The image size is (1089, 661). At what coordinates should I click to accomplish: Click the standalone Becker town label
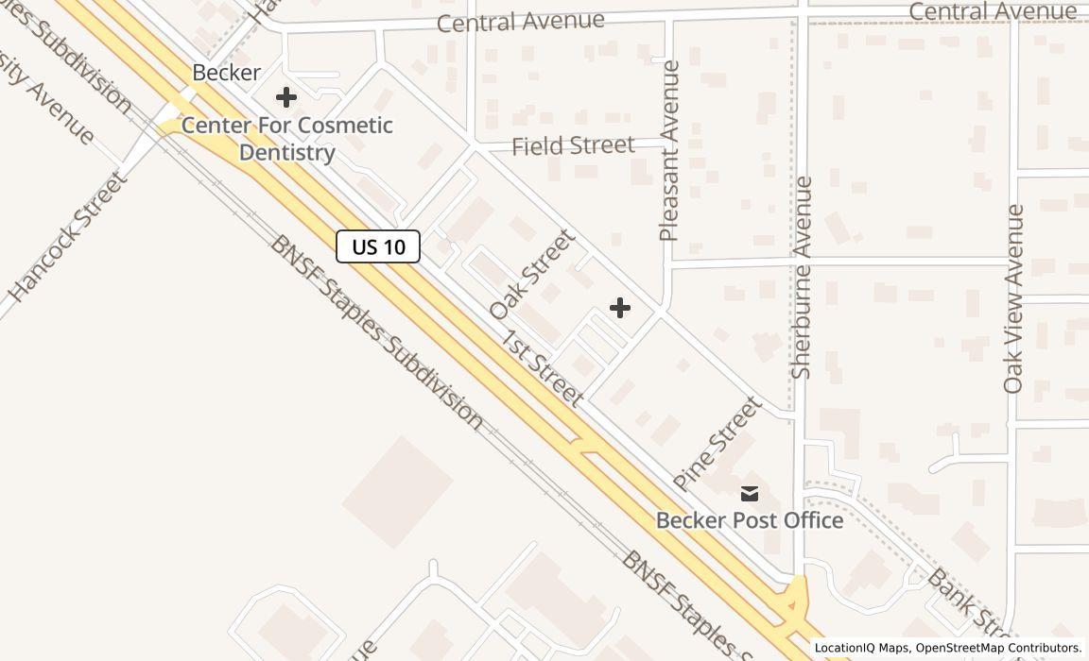pos(226,72)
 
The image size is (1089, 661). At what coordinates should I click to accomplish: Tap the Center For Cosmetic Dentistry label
pos(286,139)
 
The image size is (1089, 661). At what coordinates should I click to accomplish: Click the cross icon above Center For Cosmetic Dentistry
pos(285,96)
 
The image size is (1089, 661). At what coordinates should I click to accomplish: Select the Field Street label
pos(573,145)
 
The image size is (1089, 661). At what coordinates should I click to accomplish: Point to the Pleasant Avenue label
pos(670,151)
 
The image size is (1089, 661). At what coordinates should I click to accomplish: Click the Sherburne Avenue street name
pos(802,278)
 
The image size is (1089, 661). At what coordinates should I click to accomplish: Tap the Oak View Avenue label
pos(1014,298)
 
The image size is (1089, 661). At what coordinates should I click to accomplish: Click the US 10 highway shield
pos(378,247)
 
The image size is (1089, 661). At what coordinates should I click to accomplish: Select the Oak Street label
pos(532,274)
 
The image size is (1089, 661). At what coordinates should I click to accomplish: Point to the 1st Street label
pos(542,368)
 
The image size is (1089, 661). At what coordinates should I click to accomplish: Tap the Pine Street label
pos(717,444)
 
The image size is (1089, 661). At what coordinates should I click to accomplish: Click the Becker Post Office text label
pos(750,520)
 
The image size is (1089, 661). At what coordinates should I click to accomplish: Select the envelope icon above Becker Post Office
pos(750,493)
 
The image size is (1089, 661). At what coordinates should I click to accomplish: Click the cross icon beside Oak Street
pos(620,308)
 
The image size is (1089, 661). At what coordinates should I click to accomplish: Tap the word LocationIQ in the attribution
pos(845,648)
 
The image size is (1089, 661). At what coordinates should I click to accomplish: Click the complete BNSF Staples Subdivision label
pos(377,331)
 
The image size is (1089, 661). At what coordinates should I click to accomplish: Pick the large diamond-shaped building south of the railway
pos(397,491)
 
